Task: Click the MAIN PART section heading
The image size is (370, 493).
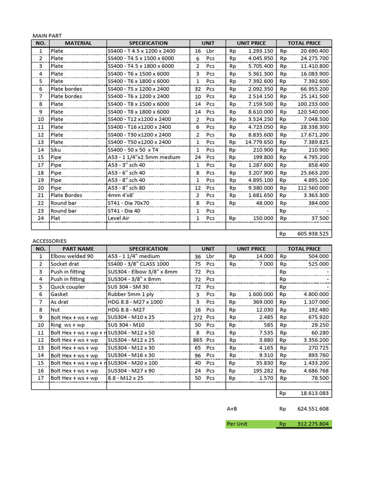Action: [47, 36]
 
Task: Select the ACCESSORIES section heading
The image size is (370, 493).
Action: [49, 241]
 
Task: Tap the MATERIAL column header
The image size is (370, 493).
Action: [78, 43]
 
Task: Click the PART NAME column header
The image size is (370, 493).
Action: [78, 249]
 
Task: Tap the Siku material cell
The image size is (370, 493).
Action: [57, 150]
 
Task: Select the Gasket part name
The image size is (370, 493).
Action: [60, 294]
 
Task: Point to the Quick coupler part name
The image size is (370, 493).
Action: [67, 287]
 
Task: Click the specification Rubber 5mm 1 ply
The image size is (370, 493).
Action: [132, 294]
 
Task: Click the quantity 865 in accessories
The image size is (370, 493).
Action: [198, 340]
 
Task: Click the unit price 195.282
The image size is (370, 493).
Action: [263, 370]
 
